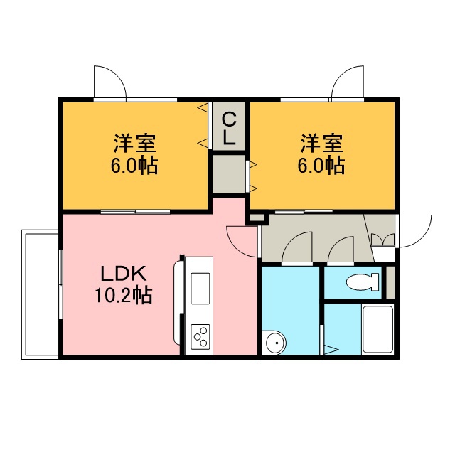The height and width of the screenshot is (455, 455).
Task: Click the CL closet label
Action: (229, 129)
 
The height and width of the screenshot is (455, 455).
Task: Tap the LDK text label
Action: (124, 274)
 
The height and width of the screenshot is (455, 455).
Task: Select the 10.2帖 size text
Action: (124, 296)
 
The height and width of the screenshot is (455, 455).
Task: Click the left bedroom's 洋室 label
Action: (134, 143)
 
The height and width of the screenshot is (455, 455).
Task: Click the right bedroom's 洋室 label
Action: (321, 143)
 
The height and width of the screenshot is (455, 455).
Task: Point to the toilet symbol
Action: (363, 282)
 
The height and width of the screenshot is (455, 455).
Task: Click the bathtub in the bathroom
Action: (378, 330)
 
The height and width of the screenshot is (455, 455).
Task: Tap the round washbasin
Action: (275, 343)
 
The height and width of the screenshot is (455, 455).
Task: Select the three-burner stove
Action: (200, 337)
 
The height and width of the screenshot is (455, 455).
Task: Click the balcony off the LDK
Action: (41, 294)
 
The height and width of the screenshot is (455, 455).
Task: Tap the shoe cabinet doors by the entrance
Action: (382, 240)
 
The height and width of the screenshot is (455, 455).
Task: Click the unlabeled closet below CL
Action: (229, 174)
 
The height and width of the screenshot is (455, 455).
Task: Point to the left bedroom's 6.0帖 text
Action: (134, 166)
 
